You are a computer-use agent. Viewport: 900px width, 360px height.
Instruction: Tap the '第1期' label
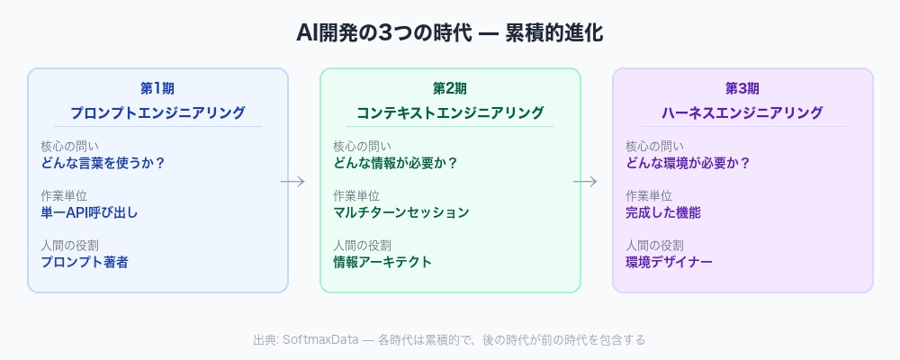[157, 88]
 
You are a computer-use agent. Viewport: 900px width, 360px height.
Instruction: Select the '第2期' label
[450, 88]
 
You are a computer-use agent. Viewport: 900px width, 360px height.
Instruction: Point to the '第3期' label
[742, 88]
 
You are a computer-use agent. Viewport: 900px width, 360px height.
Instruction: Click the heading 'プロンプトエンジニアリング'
[157, 112]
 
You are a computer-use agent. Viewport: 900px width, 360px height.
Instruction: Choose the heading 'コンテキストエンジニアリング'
[450, 112]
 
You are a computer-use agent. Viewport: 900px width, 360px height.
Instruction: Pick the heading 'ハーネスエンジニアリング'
[742, 112]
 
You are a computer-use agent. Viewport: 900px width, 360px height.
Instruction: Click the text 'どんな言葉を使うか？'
[103, 163]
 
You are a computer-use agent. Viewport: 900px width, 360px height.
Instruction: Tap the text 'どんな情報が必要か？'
[396, 163]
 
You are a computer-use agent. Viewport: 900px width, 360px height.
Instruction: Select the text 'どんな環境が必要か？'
[688, 163]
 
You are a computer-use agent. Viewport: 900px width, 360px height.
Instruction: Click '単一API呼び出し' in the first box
[89, 212]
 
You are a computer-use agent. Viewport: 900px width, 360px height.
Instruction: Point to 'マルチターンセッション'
[401, 212]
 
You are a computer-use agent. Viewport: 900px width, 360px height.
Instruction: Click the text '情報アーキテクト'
[382, 262]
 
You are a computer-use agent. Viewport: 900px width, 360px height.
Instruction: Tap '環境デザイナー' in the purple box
[669, 262]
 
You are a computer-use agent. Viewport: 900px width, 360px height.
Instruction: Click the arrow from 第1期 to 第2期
[292, 182]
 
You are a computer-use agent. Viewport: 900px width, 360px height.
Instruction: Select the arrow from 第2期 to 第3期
[585, 182]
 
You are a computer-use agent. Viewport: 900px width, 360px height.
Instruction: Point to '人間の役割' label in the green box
[362, 245]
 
